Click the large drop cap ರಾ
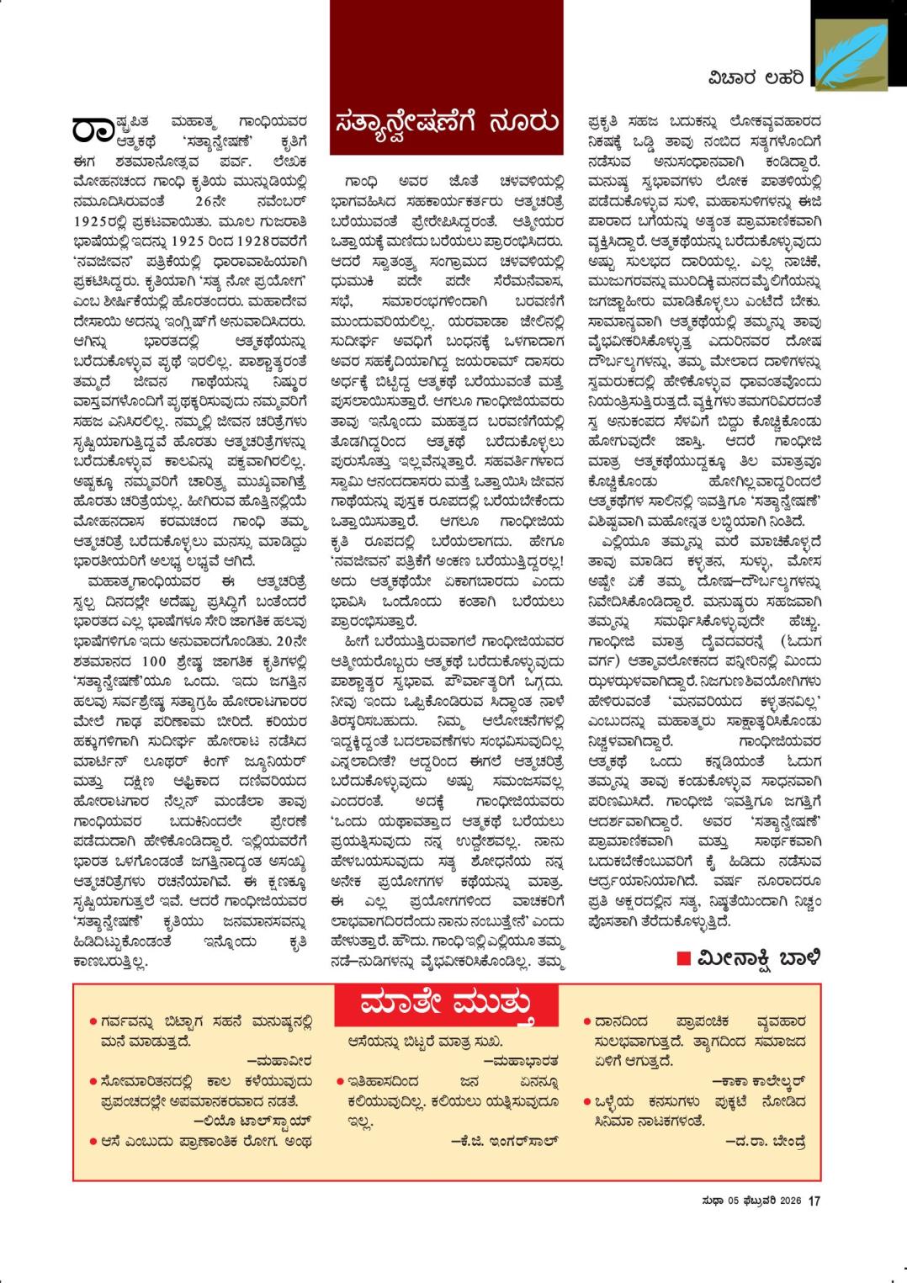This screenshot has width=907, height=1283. click(93, 129)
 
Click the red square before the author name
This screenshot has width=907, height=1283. click(684, 957)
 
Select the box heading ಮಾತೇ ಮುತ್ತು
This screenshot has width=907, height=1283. click(447, 1005)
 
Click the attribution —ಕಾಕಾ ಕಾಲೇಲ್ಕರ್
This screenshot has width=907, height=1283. click(759, 1080)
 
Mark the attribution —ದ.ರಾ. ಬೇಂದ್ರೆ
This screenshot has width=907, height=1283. click(765, 1141)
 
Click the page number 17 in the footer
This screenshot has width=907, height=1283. click(814, 1201)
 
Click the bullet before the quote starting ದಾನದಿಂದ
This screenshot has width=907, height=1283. click(586, 1022)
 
